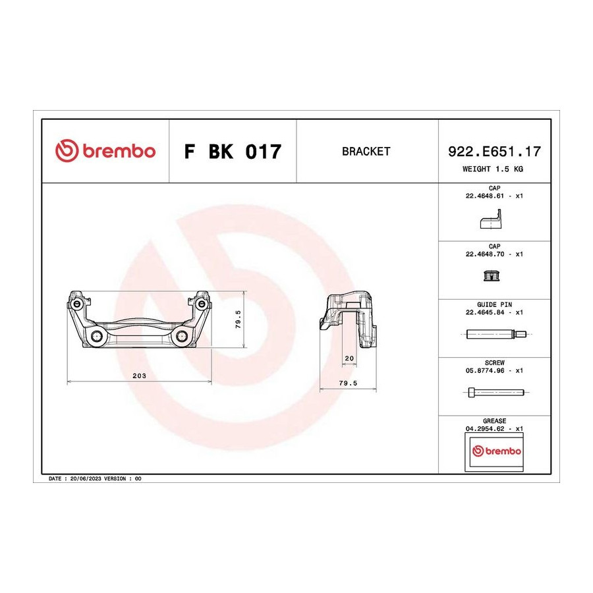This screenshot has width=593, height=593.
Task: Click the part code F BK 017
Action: click(233, 152)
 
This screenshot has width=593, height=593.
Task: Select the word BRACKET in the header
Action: click(366, 152)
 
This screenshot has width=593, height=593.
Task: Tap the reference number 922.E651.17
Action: click(494, 152)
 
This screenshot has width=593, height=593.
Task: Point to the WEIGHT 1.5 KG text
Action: click(493, 169)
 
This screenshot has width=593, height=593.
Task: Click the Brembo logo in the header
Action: click(105, 151)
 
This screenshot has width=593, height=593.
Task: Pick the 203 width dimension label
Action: click(139, 376)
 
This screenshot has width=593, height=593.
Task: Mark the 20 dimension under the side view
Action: click(349, 358)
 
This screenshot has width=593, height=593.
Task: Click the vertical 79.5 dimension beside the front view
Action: click(239, 319)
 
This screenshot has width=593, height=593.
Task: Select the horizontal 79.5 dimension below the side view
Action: click(348, 383)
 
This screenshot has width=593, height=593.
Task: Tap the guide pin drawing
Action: click(495, 334)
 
